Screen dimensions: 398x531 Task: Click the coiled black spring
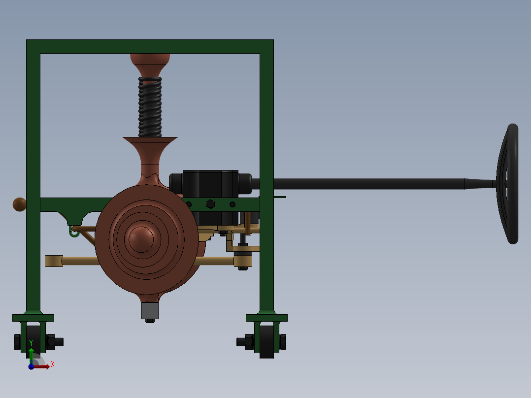click(x=150, y=107)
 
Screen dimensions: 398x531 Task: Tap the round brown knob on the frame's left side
click(x=19, y=204)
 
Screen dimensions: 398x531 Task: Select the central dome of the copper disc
click(x=141, y=238)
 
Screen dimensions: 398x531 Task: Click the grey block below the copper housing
click(x=150, y=310)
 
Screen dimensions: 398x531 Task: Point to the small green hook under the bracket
click(x=74, y=232)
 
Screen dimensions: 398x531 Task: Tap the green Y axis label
click(x=31, y=342)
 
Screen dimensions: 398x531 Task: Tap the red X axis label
click(x=52, y=365)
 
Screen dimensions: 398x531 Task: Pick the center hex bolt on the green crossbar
click(x=210, y=204)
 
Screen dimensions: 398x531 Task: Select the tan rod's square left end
click(x=54, y=261)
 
